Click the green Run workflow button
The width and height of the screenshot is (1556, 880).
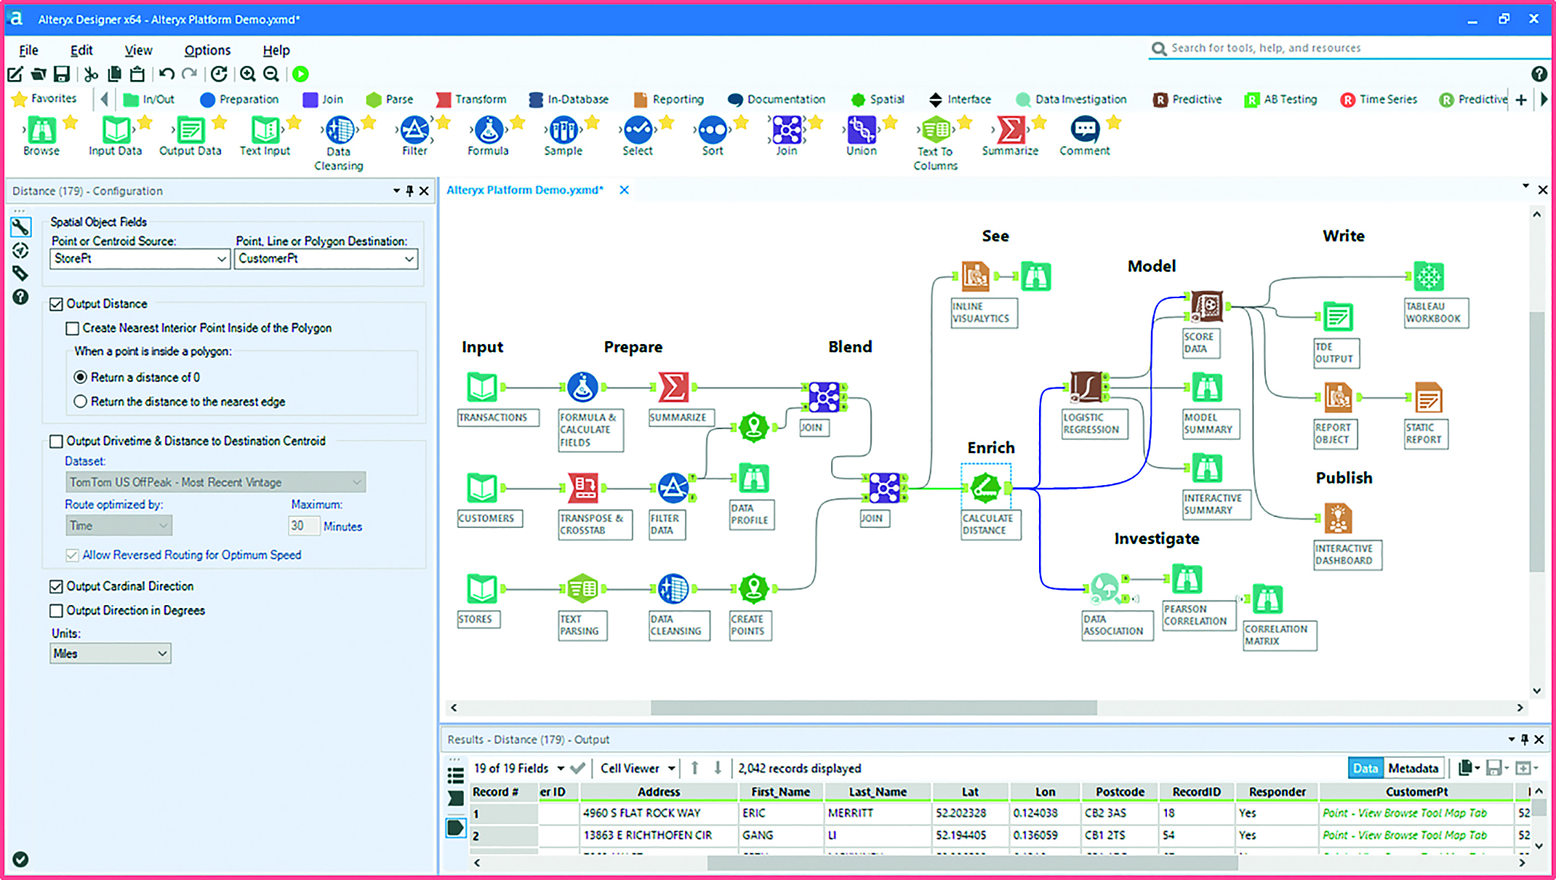coord(300,73)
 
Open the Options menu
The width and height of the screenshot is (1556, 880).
coord(207,50)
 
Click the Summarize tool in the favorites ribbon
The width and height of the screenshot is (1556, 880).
coord(1010,136)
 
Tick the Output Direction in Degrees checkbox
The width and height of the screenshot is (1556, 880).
coord(56,611)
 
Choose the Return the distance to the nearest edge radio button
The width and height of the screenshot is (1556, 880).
coord(80,401)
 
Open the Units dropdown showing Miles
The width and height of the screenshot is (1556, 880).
coord(110,653)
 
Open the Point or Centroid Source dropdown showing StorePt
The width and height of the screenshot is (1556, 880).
coord(140,259)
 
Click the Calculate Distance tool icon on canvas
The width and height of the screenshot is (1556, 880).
coord(986,487)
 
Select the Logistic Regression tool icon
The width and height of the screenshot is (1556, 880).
coord(1086,387)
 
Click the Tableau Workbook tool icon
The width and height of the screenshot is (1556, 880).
coord(1428,276)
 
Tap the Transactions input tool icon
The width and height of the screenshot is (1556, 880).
coord(481,387)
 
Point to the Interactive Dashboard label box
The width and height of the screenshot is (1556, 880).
coord(1347,555)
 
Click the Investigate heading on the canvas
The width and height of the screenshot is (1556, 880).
coord(1156,539)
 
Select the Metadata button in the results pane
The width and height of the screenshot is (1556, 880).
coord(1413,768)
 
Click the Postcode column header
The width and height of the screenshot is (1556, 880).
coord(1120,792)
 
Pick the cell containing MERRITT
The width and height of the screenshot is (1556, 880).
coord(878,813)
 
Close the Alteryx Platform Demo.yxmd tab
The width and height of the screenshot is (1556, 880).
coord(624,190)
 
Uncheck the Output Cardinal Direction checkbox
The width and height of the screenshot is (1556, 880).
coord(56,586)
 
